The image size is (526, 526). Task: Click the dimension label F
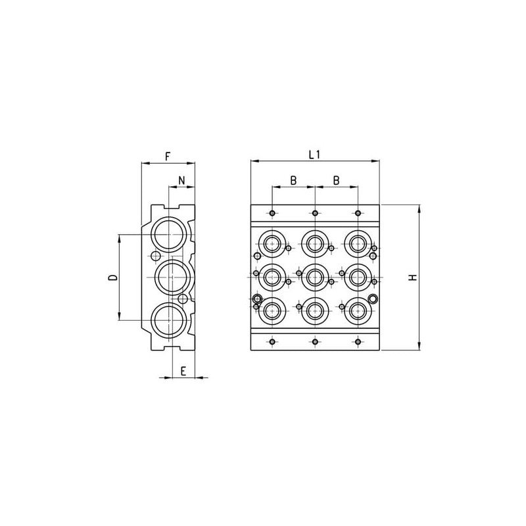click(x=168, y=156)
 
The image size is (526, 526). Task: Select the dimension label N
click(x=181, y=180)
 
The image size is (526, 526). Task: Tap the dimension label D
click(x=113, y=277)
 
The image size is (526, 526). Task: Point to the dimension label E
click(x=183, y=371)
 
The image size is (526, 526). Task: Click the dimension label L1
click(x=314, y=155)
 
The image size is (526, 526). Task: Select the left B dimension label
click(x=293, y=180)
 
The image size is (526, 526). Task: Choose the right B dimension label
click(x=336, y=180)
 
